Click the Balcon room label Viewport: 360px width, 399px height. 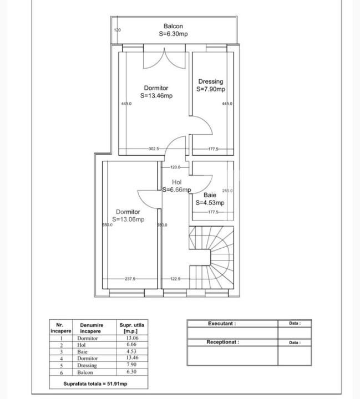click(x=173, y=26)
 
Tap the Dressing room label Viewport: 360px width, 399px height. click(x=211, y=82)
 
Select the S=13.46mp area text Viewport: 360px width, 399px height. click(x=156, y=95)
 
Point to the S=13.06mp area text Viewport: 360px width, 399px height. click(x=128, y=219)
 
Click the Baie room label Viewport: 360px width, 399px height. click(x=210, y=195)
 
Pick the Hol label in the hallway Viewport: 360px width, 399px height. click(x=176, y=182)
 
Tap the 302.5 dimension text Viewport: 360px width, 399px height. click(x=154, y=149)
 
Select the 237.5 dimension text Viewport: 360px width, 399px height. click(x=130, y=279)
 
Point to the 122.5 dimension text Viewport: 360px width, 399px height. click(x=175, y=279)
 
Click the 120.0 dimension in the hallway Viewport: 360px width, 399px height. click(x=175, y=167)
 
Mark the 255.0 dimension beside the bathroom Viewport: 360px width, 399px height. click(x=227, y=191)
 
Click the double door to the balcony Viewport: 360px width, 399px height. click(x=165, y=59)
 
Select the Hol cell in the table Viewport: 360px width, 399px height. click(x=81, y=345)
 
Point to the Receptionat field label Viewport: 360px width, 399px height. click(x=223, y=342)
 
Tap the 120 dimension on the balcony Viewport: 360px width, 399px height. click(x=117, y=30)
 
